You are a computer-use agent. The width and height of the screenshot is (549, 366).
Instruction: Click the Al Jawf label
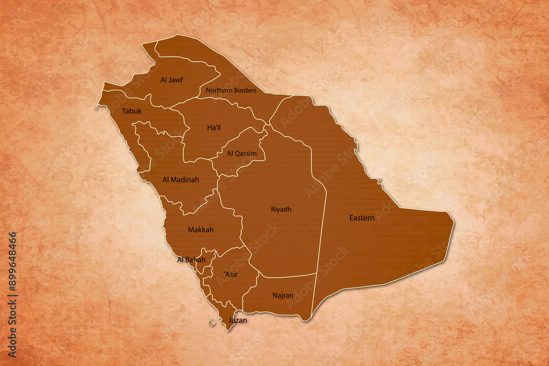[x=171, y=80]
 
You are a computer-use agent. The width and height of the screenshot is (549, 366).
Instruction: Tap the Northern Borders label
[x=231, y=90]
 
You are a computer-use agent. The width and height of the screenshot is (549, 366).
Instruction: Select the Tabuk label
[x=132, y=111]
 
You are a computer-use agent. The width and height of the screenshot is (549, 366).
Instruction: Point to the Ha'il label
[x=214, y=128]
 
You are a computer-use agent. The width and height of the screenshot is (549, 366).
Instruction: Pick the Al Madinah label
[x=181, y=179]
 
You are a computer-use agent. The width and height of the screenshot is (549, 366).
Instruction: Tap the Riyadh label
[x=281, y=209]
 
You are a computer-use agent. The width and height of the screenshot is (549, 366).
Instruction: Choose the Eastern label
[x=362, y=218]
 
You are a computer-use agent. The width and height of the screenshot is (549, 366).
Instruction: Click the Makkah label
[x=200, y=230]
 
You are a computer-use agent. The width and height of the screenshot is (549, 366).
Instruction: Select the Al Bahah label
[x=191, y=260]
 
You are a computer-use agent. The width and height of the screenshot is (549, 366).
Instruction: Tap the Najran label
[x=283, y=296]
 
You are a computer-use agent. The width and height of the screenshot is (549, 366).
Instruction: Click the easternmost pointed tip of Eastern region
[x=453, y=222]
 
